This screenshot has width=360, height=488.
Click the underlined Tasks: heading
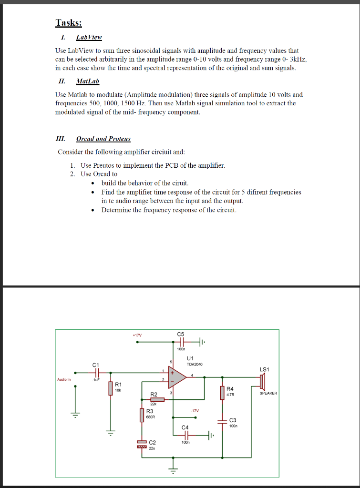point(69,22)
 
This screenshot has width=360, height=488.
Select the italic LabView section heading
point(89,37)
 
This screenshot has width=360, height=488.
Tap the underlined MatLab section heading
point(87,81)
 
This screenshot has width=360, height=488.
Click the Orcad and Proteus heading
point(103,139)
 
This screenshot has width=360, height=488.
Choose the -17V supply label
point(194,410)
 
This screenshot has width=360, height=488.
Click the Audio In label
point(64,379)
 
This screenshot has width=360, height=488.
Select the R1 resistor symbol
point(111,388)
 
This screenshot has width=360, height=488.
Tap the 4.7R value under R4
point(230,395)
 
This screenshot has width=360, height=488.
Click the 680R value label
point(150,417)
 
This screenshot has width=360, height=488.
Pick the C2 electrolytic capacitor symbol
point(142,444)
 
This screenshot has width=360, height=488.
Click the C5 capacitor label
point(180,334)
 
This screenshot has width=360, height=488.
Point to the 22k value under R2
point(154,404)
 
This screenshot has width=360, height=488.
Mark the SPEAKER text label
point(268,393)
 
